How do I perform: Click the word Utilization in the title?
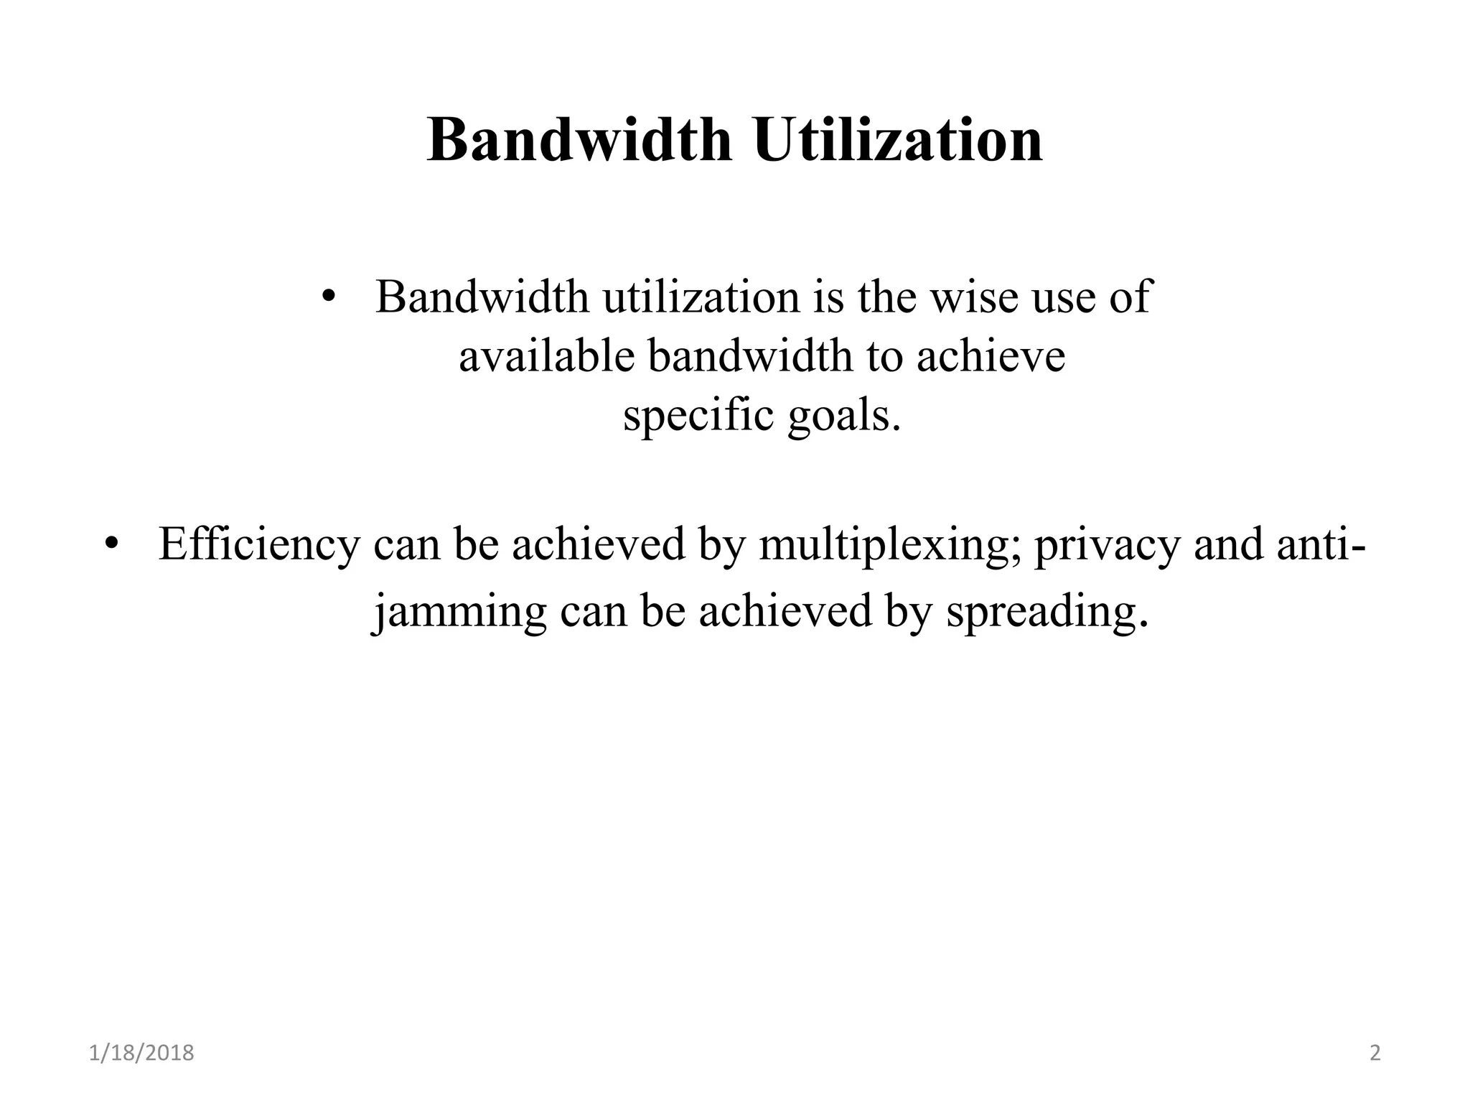pyautogui.click(x=898, y=140)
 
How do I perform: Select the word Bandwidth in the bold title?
pyautogui.click(x=580, y=140)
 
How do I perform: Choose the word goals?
pyautogui.click(x=843, y=417)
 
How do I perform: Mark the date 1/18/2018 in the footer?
pyautogui.click(x=141, y=1053)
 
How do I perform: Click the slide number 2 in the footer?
pyautogui.click(x=1375, y=1053)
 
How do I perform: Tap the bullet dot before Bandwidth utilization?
pyautogui.click(x=328, y=297)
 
